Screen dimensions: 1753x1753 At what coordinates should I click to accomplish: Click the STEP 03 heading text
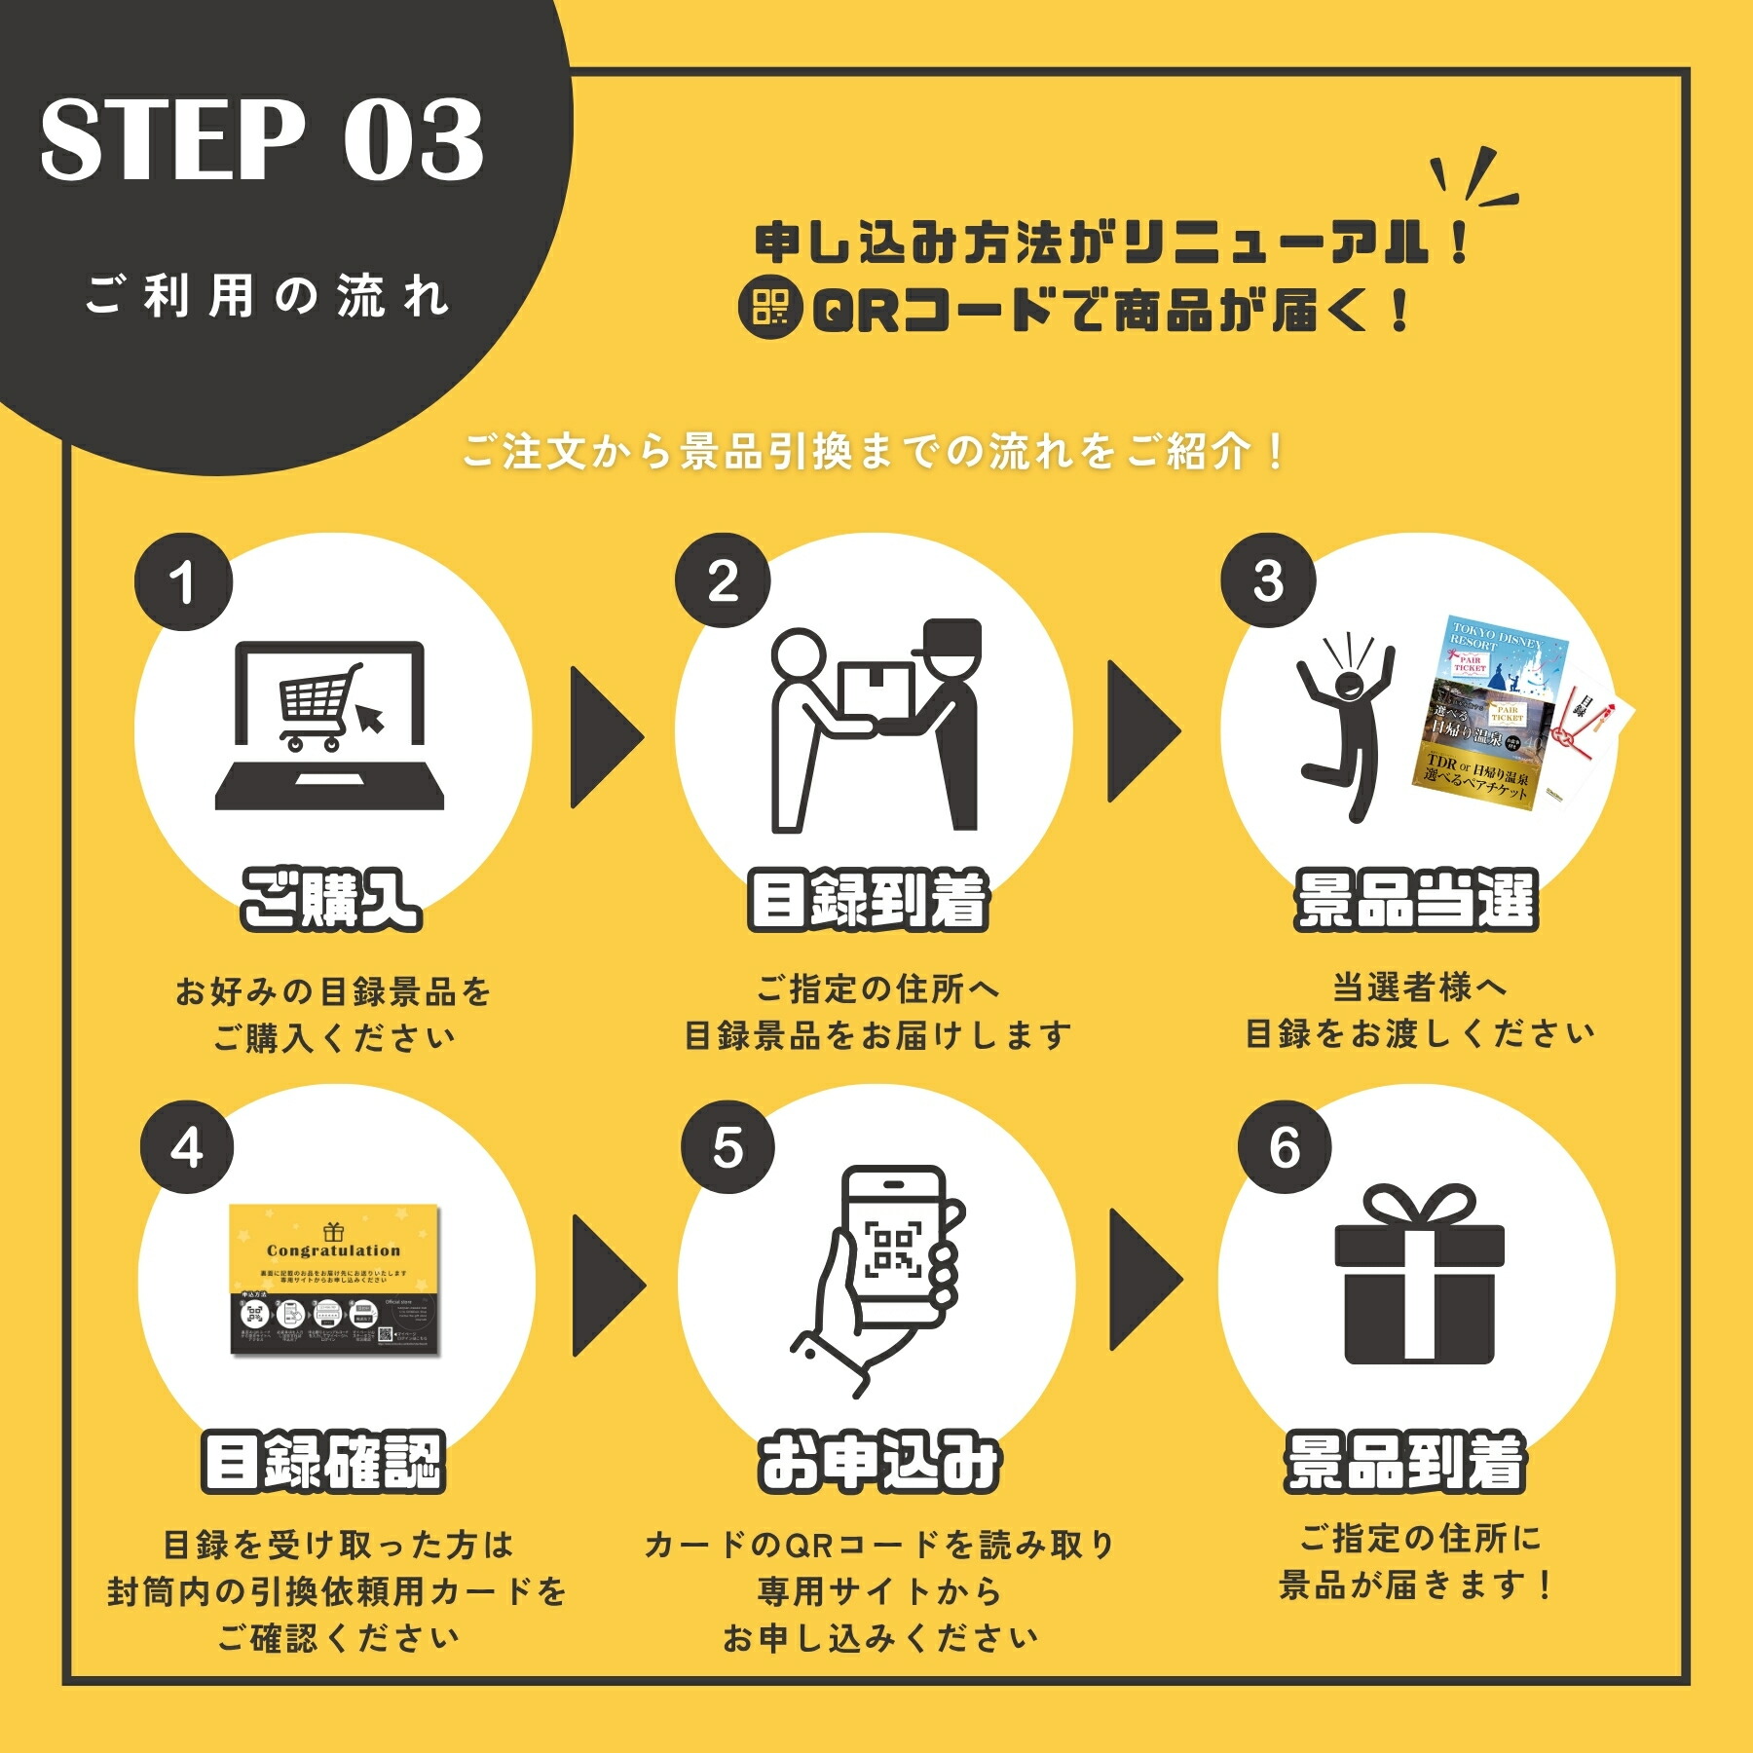(261, 139)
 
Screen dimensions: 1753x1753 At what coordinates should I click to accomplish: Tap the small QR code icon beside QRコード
(769, 309)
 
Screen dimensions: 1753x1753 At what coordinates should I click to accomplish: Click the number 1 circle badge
(183, 582)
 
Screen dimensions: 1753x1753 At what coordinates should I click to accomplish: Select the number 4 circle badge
(187, 1147)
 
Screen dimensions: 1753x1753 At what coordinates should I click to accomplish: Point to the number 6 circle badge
(1284, 1147)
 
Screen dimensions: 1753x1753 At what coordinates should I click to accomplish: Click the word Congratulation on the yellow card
(333, 1250)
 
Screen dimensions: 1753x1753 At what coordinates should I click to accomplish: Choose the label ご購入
(331, 900)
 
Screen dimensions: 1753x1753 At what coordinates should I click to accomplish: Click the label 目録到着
(869, 900)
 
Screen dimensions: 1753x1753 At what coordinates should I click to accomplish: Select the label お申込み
(879, 1462)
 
